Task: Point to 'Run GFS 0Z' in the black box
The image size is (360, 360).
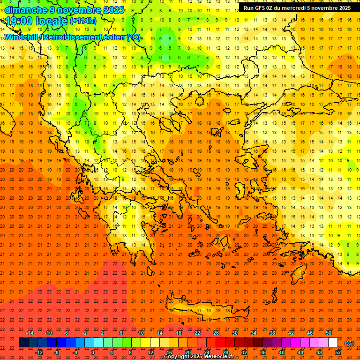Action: (259, 8)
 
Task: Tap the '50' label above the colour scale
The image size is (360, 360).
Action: (329, 333)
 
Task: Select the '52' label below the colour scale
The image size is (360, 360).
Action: (338, 352)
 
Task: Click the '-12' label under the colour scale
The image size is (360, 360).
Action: (39, 352)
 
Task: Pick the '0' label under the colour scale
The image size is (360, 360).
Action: (93, 352)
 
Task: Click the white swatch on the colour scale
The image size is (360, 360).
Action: (333, 343)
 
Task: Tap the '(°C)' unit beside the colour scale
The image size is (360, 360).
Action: (349, 343)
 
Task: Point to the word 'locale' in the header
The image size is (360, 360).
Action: (52, 21)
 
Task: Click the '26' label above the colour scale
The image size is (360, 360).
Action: (216, 333)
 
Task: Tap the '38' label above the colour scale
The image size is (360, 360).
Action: (272, 333)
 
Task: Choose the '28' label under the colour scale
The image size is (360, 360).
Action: (225, 352)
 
